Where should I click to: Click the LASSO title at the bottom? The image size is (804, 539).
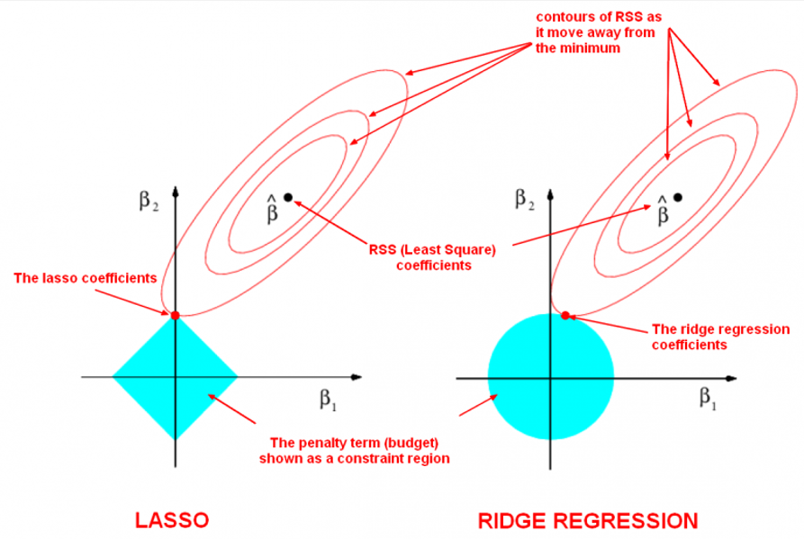pos(172,519)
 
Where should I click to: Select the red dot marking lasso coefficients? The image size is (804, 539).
pos(176,315)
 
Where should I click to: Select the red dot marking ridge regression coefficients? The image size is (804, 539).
pos(565,316)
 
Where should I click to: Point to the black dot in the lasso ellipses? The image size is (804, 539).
pos(288,196)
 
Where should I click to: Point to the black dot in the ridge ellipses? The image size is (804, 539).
pos(678,196)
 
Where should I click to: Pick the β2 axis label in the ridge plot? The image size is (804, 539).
pos(521,198)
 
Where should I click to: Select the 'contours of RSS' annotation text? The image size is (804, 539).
pos(588,34)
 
